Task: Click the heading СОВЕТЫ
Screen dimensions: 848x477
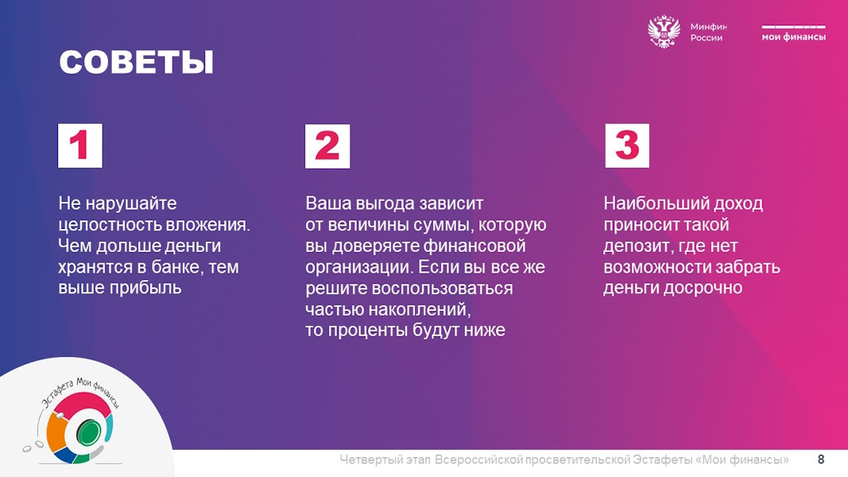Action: click(136, 62)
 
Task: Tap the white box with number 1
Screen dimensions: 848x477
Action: click(80, 145)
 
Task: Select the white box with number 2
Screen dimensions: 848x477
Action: click(327, 146)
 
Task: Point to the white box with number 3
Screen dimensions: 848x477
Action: click(627, 145)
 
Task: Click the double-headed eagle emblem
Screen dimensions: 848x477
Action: click(664, 32)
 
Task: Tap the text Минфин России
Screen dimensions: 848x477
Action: click(708, 32)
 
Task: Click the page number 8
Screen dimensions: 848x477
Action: click(821, 460)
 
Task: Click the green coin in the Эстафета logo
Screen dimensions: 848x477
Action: click(88, 432)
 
